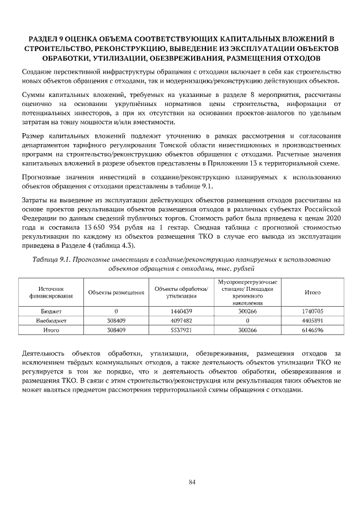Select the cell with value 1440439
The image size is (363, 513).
(182, 311)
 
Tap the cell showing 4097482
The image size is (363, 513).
(182, 320)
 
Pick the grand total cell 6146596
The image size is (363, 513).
(313, 329)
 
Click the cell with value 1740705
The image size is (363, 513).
(313, 311)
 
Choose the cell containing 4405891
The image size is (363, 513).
(313, 320)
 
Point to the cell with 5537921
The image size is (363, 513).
(182, 329)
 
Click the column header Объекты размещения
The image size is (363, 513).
(116, 292)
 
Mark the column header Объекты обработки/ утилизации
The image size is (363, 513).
(182, 292)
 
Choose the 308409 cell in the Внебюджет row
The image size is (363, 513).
(116, 320)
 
